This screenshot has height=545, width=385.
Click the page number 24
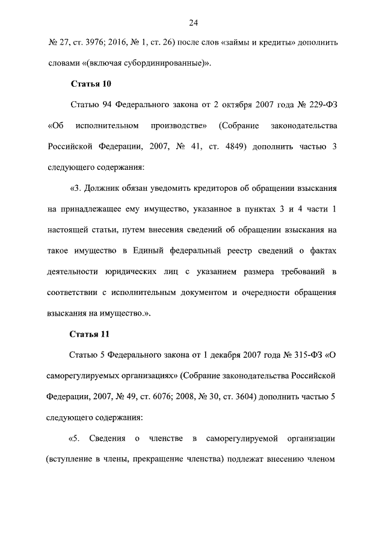[193, 23]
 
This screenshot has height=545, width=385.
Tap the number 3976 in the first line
[96, 43]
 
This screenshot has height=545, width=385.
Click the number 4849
[231, 146]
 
